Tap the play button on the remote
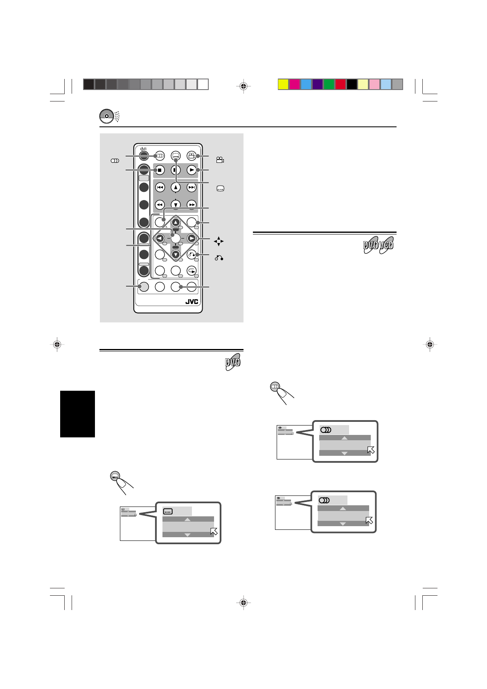pyautogui.click(x=191, y=169)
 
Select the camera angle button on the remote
pyautogui.click(x=191, y=156)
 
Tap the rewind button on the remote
pyautogui.click(x=160, y=204)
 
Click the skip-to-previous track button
pyautogui.click(x=160, y=187)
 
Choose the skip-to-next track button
pyautogui.click(x=191, y=187)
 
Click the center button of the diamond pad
pyautogui.click(x=176, y=238)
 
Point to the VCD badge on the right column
pyautogui.click(x=386, y=246)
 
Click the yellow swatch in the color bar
pyautogui.click(x=283, y=84)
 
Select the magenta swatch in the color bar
pyautogui.click(x=294, y=84)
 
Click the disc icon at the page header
pyautogui.click(x=106, y=116)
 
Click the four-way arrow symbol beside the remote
pyautogui.click(x=219, y=241)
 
